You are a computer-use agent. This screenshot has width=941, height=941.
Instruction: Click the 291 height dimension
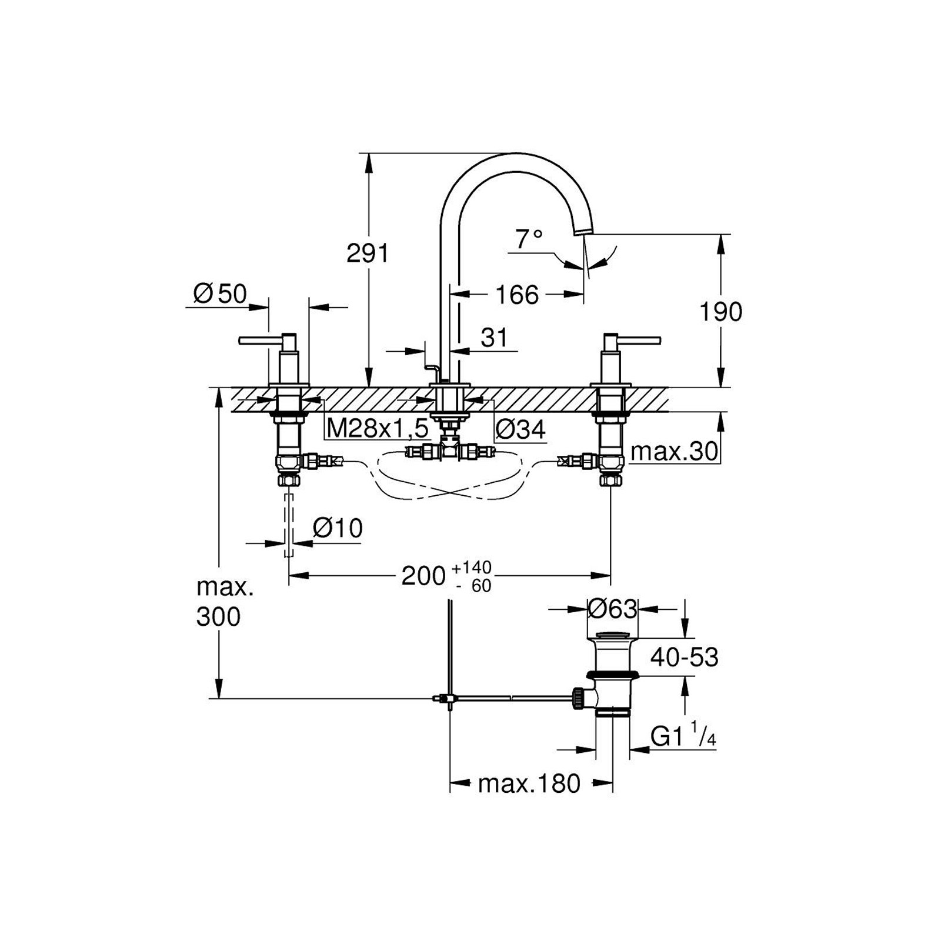(x=368, y=253)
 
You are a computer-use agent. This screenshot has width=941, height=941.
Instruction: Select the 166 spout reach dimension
(x=516, y=295)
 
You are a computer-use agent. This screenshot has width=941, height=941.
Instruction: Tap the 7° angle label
(x=529, y=239)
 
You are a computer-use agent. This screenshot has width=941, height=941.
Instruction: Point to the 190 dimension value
(x=720, y=312)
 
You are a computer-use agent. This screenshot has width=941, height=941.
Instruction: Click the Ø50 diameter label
(x=220, y=294)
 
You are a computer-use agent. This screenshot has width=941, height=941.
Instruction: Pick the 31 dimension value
(x=494, y=338)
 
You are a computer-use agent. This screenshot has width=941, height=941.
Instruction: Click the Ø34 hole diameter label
(x=520, y=430)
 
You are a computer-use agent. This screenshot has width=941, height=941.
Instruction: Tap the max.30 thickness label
(x=675, y=452)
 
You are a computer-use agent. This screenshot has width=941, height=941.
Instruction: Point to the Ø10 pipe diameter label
(x=338, y=528)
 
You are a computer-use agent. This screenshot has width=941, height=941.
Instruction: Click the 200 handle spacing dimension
(x=423, y=576)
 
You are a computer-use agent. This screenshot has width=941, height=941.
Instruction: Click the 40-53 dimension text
(x=684, y=657)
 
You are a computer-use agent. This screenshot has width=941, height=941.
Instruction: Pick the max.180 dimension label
(x=529, y=783)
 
